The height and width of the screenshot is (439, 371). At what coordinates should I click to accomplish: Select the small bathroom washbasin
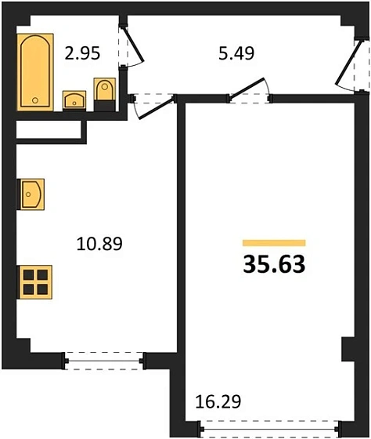(74, 100)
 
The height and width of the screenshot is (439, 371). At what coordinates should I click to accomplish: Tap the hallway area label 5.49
(235, 55)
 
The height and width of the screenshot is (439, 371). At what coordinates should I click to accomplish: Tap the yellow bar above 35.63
(274, 243)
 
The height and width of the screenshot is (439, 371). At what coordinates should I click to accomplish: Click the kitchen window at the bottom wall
(105, 360)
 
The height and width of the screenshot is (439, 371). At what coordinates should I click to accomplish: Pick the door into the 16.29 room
(249, 91)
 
